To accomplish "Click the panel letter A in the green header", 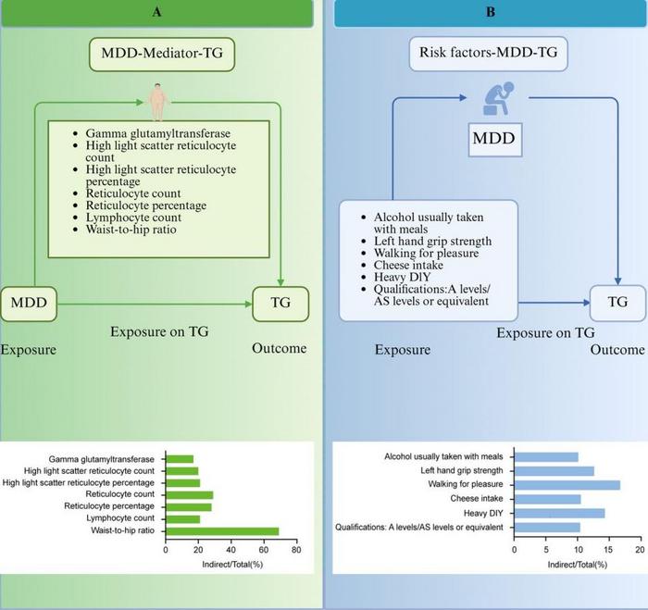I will click(160, 12).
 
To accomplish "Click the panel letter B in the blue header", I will click(486, 12).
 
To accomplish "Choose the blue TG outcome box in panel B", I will click(614, 301).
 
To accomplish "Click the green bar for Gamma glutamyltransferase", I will click(179, 458).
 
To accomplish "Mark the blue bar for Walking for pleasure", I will click(567, 484).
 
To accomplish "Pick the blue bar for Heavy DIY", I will click(559, 512).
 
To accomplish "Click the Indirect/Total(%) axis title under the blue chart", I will click(576, 563).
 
